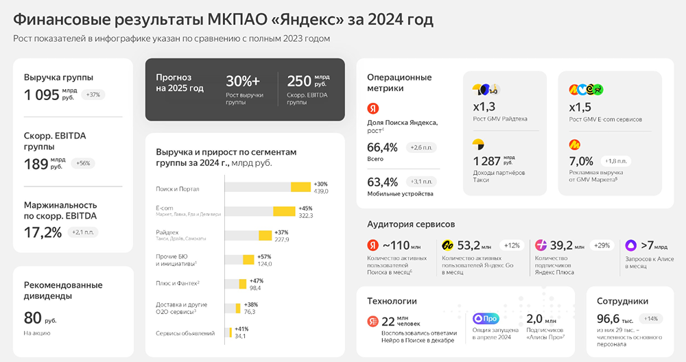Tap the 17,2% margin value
coord(43,232)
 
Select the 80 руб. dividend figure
coord(34,317)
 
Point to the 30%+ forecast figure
coord(243,80)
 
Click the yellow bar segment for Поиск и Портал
coord(300,187)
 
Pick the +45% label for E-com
coord(305,208)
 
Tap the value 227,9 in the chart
coord(281,239)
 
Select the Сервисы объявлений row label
coord(185,333)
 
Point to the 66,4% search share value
coord(382,147)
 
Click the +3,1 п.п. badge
coord(422,182)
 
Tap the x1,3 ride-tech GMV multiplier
coord(484,106)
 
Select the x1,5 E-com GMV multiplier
coord(580,106)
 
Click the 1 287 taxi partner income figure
coord(487,160)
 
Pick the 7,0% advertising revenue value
coord(581,160)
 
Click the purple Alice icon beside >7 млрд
coord(630,245)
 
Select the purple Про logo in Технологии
coord(485,318)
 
